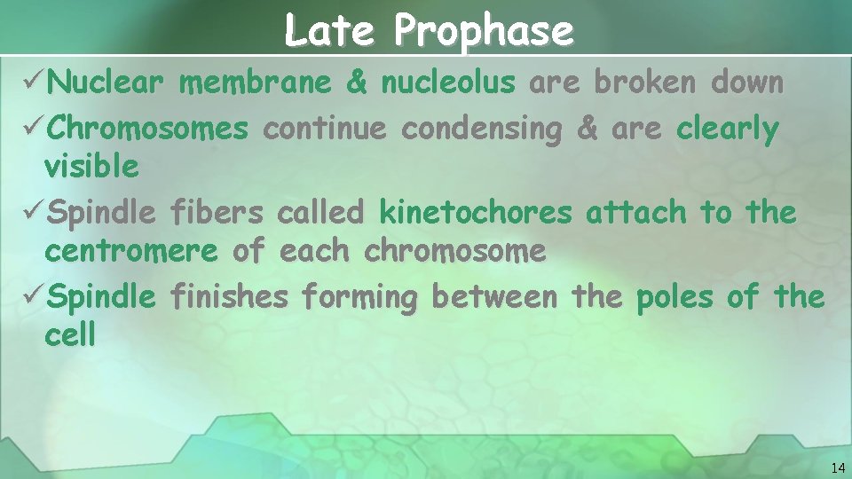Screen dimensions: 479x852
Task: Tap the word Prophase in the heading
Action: tap(485, 32)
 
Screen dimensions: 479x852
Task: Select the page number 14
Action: tap(838, 467)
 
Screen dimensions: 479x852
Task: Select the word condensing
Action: tap(482, 129)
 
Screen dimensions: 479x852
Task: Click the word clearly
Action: tap(727, 130)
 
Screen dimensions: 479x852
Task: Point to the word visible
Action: tap(91, 167)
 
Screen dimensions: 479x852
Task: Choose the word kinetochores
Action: tap(476, 213)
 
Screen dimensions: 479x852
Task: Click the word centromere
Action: tap(130, 251)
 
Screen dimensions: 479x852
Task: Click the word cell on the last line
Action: tap(69, 335)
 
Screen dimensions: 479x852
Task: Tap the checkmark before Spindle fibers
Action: tap(30, 213)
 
